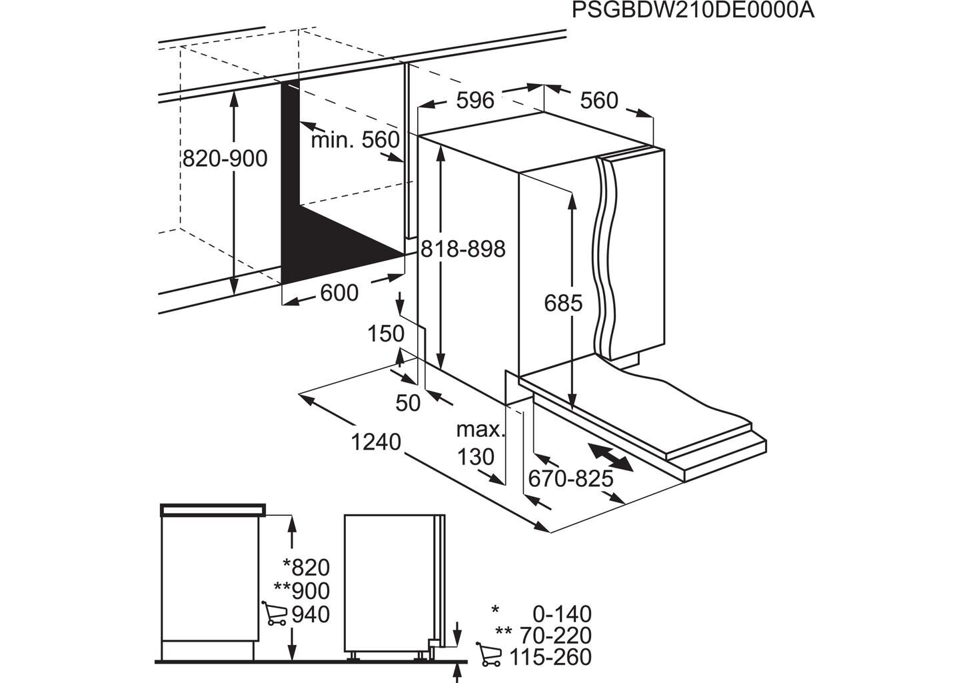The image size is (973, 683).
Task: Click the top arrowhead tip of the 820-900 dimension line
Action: click(x=234, y=92)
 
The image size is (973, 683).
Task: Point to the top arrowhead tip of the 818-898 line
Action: click(x=441, y=146)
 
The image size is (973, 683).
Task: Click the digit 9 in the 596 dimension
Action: click(x=475, y=101)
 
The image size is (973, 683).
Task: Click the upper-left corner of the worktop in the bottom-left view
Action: click(x=161, y=505)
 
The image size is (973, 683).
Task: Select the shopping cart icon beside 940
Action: click(x=275, y=614)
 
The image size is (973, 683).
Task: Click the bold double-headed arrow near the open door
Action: click(x=611, y=457)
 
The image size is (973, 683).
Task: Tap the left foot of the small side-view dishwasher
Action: click(x=353, y=668)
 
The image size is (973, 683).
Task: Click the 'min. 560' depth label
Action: click(x=355, y=140)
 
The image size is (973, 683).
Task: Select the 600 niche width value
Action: click(x=339, y=293)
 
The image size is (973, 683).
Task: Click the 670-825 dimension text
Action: click(x=570, y=479)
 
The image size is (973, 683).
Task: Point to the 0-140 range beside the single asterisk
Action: click(x=562, y=614)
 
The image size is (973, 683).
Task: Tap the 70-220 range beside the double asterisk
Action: click(x=556, y=636)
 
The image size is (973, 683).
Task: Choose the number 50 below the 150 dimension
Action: click(x=408, y=404)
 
